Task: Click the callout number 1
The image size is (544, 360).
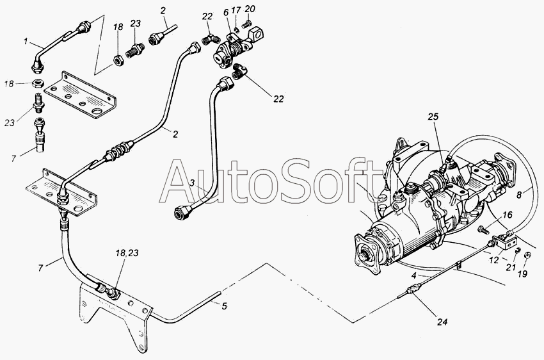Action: point(26,42)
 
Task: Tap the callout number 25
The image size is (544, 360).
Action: point(433,117)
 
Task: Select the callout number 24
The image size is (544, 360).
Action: point(442,322)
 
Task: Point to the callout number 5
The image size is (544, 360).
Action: point(225,306)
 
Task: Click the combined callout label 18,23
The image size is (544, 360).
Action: point(127,253)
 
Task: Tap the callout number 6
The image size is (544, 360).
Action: point(226,13)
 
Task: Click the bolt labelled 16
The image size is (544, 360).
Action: point(483,229)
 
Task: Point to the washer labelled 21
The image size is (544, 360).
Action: point(518,250)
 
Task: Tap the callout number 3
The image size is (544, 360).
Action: point(193,183)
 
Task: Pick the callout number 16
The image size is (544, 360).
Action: point(508,215)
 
